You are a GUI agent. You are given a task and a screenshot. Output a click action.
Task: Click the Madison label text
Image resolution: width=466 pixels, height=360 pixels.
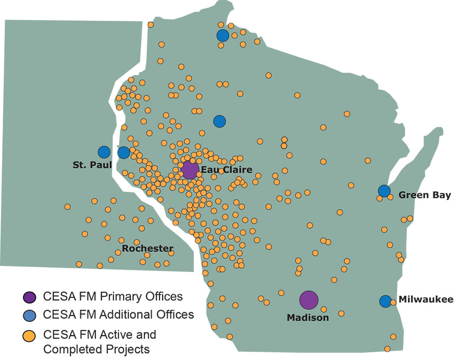(308, 318)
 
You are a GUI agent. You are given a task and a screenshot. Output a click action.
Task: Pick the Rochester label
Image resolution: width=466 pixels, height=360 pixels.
(148, 249)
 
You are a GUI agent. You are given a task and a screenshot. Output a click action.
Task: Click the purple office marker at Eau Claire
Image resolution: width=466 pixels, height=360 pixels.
(190, 169)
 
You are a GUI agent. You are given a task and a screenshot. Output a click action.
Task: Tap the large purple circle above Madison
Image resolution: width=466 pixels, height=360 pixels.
(309, 299)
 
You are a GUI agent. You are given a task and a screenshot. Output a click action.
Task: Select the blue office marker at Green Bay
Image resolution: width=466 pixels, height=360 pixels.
(384, 191)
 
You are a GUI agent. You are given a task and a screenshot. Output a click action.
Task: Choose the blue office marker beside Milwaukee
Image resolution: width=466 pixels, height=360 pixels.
(385, 301)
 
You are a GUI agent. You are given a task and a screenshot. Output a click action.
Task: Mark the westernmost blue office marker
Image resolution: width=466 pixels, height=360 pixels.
(104, 152)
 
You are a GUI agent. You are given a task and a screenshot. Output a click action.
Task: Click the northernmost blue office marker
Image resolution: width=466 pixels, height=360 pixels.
(223, 35)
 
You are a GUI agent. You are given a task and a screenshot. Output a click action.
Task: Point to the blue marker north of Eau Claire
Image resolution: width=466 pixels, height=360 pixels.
(220, 121)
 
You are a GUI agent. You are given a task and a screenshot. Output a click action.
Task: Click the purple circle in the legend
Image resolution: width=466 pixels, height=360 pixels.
(30, 297)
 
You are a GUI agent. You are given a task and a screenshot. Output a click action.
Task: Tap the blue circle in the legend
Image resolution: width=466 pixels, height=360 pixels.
(30, 314)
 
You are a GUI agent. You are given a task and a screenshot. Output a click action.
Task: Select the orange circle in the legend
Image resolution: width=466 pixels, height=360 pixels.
(30, 335)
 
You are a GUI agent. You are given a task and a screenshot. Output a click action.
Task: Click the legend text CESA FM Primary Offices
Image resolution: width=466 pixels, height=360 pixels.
(113, 297)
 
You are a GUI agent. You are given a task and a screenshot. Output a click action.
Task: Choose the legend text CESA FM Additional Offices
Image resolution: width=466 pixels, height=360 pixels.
(119, 314)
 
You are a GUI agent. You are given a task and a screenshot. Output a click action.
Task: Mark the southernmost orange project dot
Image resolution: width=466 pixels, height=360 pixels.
(387, 349)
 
